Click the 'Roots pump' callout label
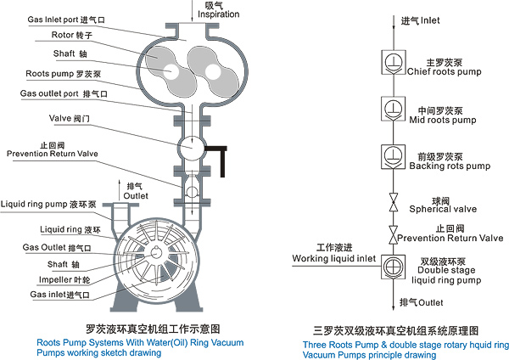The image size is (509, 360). point(52,74)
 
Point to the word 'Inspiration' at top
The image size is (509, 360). point(218,14)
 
